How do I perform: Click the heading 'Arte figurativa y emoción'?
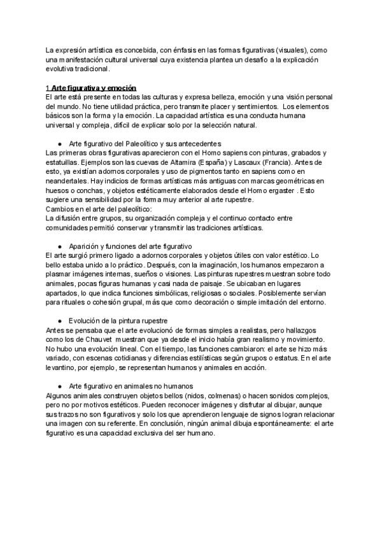click(x=94, y=87)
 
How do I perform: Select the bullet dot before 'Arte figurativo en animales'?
click(x=59, y=387)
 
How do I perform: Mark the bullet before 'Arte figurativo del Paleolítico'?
click(x=59, y=144)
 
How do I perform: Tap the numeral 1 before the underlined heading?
click(x=48, y=87)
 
